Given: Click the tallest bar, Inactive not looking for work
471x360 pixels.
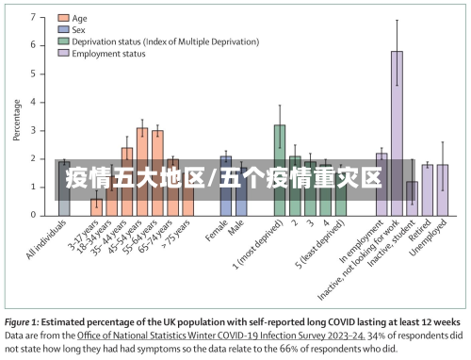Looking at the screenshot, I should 397,132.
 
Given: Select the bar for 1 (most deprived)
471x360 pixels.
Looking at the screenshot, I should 280,170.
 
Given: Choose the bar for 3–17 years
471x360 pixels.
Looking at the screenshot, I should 96,206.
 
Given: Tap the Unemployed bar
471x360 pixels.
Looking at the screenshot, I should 443,189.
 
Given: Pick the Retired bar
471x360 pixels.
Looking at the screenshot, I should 428,188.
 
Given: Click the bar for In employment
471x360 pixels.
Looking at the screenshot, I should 382,184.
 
